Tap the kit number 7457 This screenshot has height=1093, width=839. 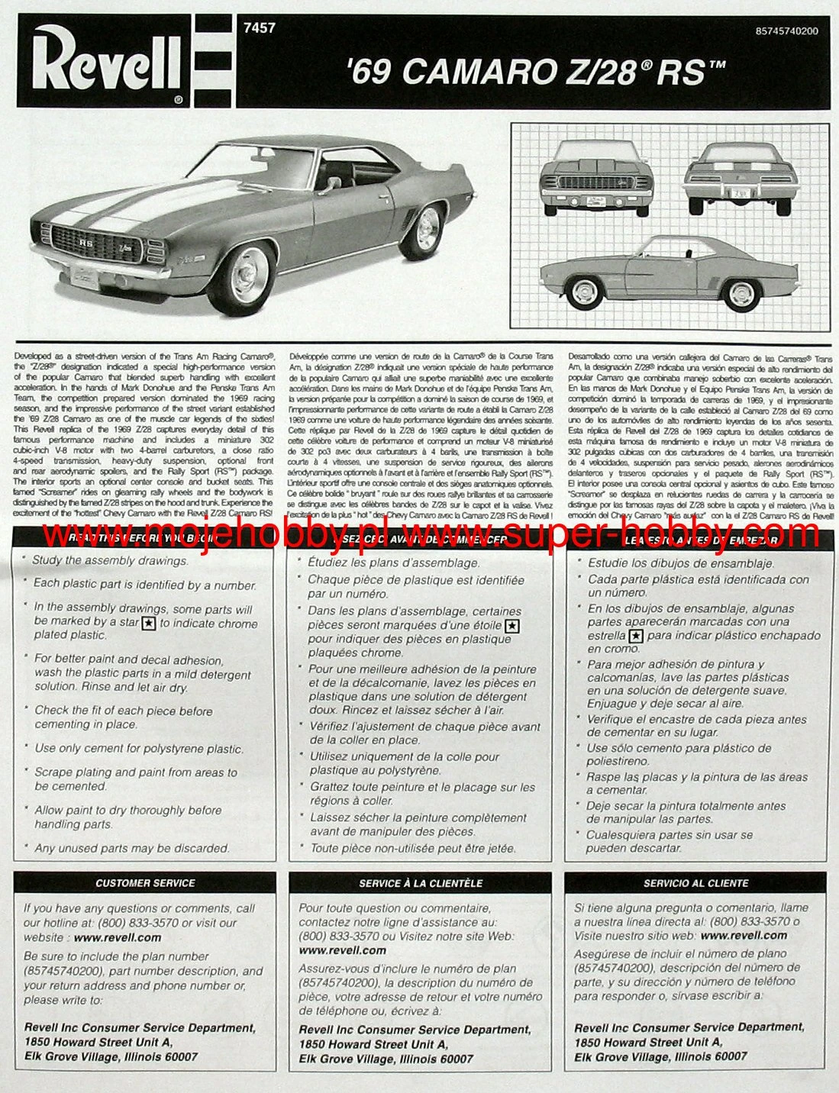tap(259, 28)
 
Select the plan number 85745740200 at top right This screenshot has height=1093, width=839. tap(786, 31)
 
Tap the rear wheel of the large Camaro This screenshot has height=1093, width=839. tap(425, 230)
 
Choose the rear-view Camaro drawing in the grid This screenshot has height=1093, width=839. tap(741, 179)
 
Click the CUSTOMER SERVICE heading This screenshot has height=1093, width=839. tap(145, 883)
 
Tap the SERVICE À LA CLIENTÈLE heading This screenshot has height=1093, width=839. tap(421, 883)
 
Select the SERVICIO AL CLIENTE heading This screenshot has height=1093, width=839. tap(695, 883)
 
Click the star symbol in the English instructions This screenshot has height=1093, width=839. tap(150, 623)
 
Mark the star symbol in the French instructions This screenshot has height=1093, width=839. tap(513, 626)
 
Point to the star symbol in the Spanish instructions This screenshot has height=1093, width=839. tap(637, 636)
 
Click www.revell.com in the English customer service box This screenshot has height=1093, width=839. tap(118, 937)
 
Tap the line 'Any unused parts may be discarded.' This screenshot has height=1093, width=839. tap(131, 848)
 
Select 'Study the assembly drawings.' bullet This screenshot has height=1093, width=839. tap(110, 560)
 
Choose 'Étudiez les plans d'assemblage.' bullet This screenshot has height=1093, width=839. tap(393, 563)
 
